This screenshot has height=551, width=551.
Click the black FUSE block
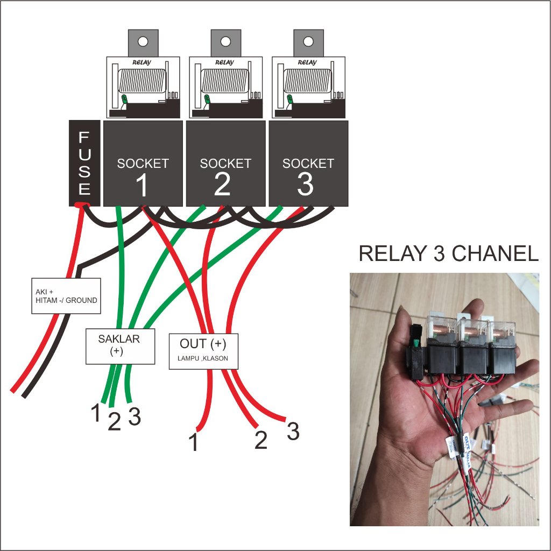[84, 163]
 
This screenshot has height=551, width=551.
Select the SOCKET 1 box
[143, 163]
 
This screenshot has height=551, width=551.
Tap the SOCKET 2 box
[225, 163]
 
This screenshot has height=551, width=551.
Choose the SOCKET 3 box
[308, 163]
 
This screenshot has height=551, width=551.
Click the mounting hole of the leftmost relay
[143, 41]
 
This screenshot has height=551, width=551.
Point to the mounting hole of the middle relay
[225, 41]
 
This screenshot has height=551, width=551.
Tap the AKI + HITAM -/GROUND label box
[66, 296]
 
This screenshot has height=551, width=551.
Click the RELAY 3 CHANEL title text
[448, 254]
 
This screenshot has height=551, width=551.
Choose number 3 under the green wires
[135, 416]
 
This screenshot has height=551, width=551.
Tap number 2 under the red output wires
[260, 441]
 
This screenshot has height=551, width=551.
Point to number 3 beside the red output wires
[293, 432]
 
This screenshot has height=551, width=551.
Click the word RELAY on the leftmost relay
[142, 62]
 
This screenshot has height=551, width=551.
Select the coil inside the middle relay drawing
[225, 81]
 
